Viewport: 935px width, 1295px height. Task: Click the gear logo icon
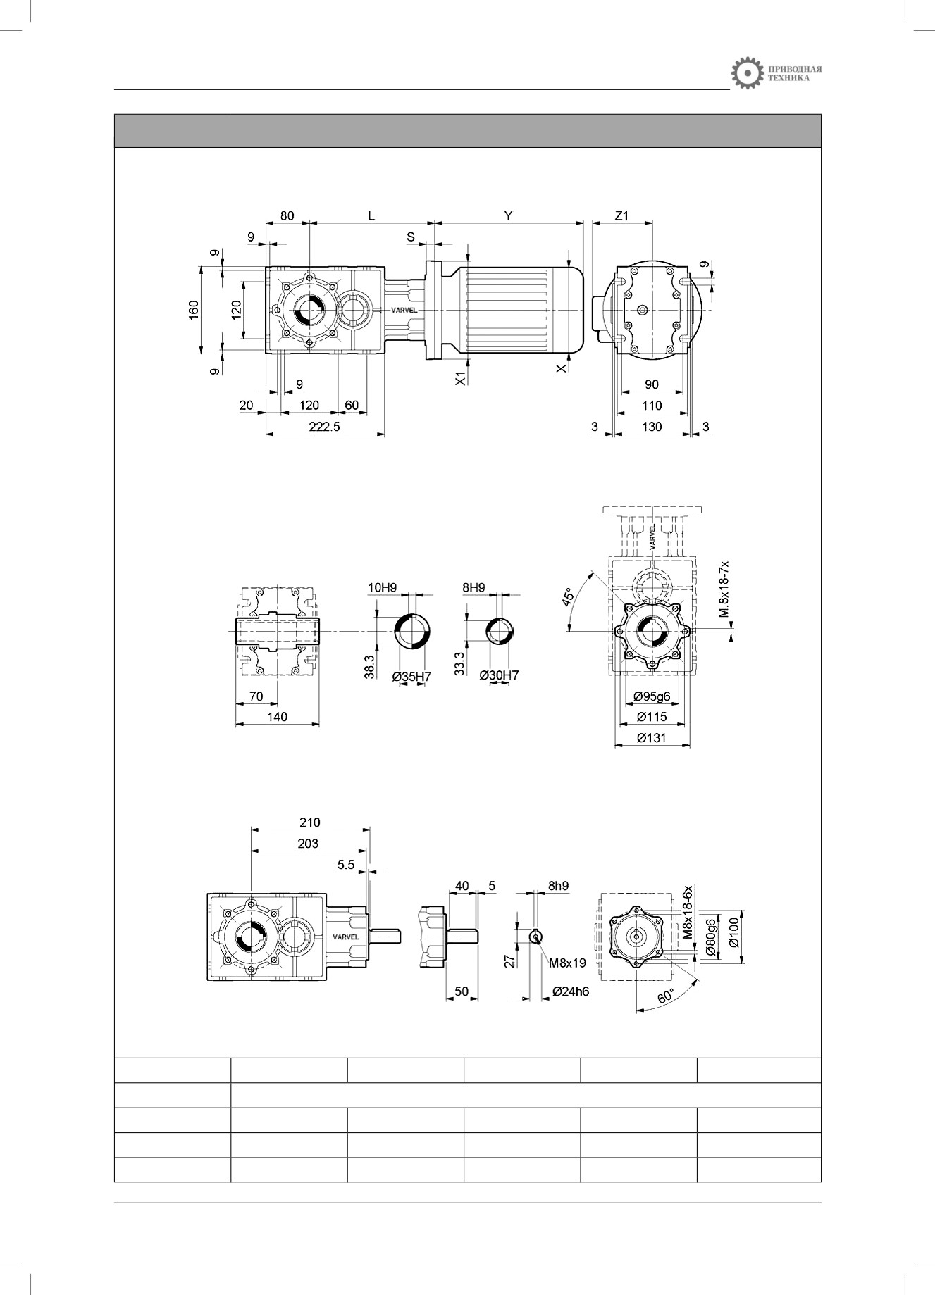747,74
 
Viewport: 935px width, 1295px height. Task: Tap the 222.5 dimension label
324,427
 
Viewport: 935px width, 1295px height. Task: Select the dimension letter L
372,216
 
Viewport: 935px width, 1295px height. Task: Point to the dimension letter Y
509,216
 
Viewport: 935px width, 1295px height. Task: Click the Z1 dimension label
621,216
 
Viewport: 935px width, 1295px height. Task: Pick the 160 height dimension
194,310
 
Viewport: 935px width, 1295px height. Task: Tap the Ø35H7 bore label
411,676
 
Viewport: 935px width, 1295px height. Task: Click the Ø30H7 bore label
499,676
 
